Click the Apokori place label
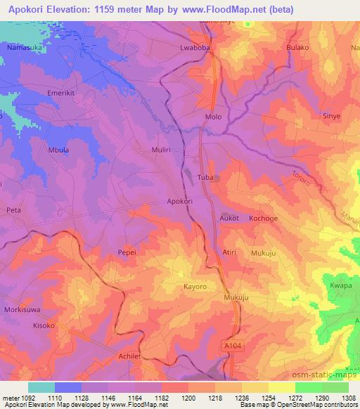point(180,201)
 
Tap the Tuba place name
point(206,178)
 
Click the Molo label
point(212,117)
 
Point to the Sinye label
point(331,115)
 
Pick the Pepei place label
point(127,252)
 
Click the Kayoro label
point(194,287)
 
